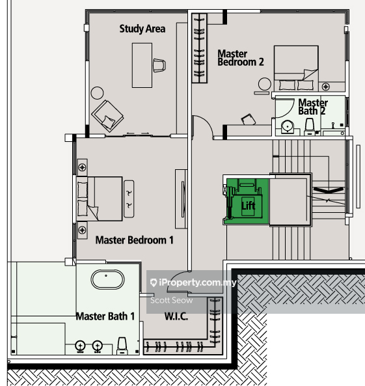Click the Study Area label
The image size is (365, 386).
142,29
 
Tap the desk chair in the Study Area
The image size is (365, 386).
159,65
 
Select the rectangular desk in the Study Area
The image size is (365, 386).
142,65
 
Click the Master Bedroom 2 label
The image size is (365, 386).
241,58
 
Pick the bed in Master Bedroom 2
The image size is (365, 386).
296,68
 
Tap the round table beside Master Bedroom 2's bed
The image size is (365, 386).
265,84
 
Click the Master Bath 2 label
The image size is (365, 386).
312,107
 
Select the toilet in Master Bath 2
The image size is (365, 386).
310,126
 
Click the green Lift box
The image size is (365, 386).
247,201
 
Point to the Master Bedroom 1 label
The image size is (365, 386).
135,240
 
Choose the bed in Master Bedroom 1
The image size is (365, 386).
99,199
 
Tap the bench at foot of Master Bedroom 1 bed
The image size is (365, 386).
129,199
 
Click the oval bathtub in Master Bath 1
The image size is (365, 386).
107,279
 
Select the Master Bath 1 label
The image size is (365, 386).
105,316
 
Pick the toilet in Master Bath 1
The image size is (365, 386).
122,346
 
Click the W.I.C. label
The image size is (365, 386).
176,316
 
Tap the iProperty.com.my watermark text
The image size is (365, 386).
193,283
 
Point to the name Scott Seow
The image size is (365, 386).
172,300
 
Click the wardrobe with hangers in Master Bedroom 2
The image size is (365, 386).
199,48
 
